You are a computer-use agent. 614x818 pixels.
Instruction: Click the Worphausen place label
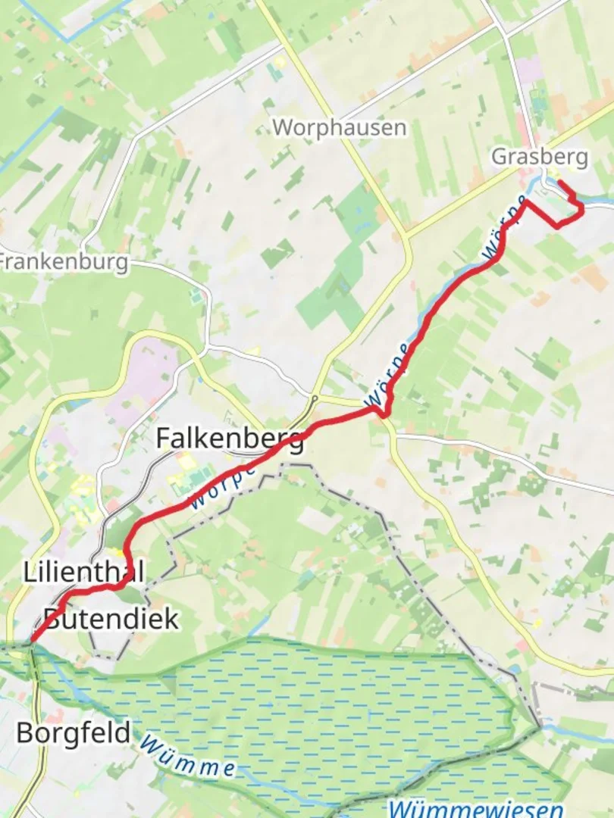tap(339, 126)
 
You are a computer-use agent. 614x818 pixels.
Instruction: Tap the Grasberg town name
tap(539, 157)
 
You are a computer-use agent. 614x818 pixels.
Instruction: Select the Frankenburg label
tap(64, 262)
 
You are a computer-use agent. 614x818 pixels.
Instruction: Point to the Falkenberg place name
tap(230, 438)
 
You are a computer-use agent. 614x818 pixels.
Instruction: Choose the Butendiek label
tap(111, 618)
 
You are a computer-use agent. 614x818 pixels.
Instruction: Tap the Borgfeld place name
tap(73, 732)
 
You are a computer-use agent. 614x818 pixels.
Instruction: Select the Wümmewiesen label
tap(476, 807)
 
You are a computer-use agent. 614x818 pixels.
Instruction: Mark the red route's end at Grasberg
tap(559, 182)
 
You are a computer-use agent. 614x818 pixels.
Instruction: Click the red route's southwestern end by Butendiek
tap(31, 642)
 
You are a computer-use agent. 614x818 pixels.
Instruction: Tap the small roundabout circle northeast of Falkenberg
tap(314, 397)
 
